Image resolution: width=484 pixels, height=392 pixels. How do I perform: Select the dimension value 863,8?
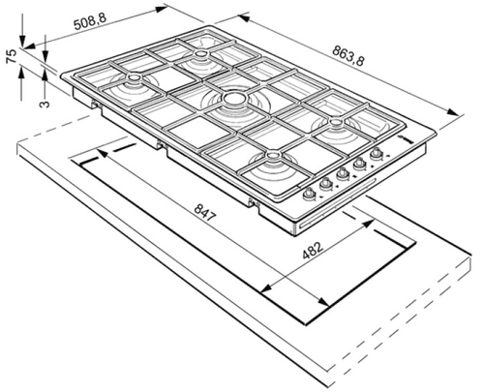pyautogui.click(x=348, y=56)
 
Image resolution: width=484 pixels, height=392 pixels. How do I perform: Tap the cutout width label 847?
pyautogui.click(x=204, y=213)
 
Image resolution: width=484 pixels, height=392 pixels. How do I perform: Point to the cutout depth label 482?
pyautogui.click(x=313, y=250)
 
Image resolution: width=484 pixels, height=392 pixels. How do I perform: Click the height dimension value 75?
pyautogui.click(x=12, y=56)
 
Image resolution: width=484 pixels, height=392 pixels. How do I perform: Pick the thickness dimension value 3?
pyautogui.click(x=45, y=104)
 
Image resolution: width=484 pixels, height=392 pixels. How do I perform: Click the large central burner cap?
pyautogui.click(x=234, y=99)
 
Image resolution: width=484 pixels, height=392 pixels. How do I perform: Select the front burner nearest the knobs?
pyautogui.click(x=272, y=156)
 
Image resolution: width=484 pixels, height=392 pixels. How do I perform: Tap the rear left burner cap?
pyautogui.click(x=134, y=77)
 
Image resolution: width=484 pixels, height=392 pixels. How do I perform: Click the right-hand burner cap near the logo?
pyautogui.click(x=336, y=122)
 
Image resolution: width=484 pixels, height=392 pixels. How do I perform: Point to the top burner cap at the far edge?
pyautogui.click(x=200, y=53)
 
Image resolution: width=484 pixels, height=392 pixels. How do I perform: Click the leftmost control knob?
pyautogui.click(x=309, y=194)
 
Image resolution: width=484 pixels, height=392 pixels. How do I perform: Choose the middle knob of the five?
pyautogui.click(x=343, y=175)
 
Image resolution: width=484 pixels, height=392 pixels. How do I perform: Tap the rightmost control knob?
pyautogui.click(x=376, y=154)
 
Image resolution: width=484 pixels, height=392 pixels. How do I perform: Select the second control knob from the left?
pyautogui.click(x=326, y=184)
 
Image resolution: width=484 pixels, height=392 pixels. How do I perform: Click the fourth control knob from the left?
pyautogui.click(x=359, y=165)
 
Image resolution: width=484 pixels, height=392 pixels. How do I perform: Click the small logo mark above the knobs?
pyautogui.click(x=406, y=139)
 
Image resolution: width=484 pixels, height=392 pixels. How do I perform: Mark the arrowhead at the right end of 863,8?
pyautogui.click(x=453, y=112)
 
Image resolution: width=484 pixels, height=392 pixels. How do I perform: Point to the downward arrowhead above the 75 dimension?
pyautogui.click(x=22, y=42)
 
